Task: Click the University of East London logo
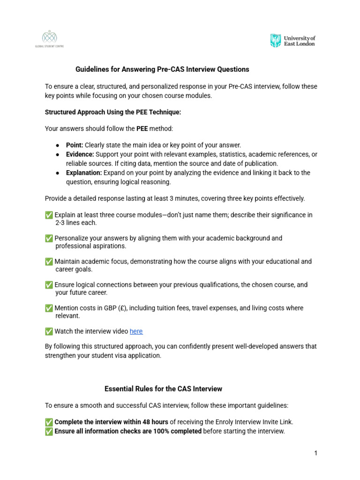pyautogui.click(x=292, y=40)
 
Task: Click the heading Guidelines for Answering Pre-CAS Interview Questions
pyautogui.click(x=162, y=69)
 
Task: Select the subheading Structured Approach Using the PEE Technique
pyautogui.click(x=112, y=112)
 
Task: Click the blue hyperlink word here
pyautogui.click(x=136, y=331)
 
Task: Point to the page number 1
pyautogui.click(x=316, y=453)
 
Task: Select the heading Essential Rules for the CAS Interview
pyautogui.click(x=163, y=389)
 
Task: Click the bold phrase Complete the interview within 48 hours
pyautogui.click(x=111, y=422)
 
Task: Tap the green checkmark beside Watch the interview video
pyautogui.click(x=49, y=331)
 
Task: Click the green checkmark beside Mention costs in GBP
pyautogui.click(x=49, y=308)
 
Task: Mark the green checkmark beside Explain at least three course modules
pyautogui.click(x=49, y=215)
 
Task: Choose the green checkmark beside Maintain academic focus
pyautogui.click(x=49, y=262)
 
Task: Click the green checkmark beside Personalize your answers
pyautogui.click(x=49, y=238)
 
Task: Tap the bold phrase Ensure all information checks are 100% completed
pyautogui.click(x=128, y=431)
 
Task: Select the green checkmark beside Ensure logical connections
pyautogui.click(x=49, y=285)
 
